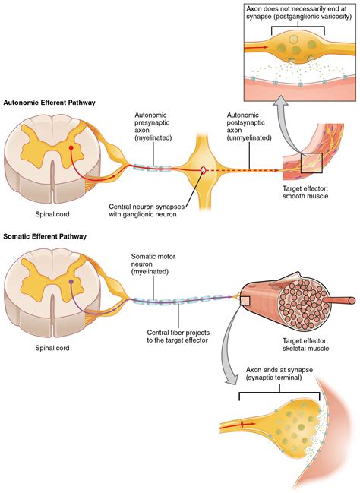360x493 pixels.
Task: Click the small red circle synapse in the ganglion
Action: pyautogui.click(x=202, y=170)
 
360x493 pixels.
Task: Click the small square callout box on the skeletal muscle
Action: pyautogui.click(x=245, y=302)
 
